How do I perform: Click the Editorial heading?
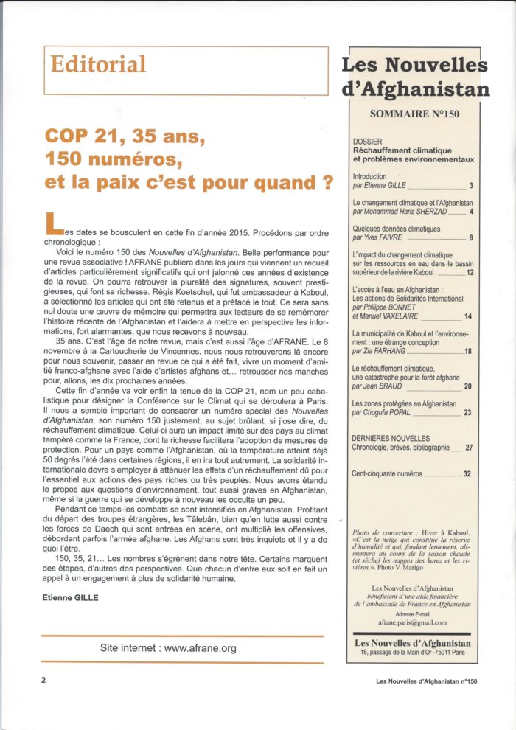click(98, 64)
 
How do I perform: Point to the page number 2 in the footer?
click(44, 683)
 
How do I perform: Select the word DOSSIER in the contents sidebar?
click(369, 142)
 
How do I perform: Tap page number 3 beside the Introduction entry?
click(470, 186)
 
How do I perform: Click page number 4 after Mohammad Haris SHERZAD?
click(470, 211)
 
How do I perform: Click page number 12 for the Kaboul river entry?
click(469, 273)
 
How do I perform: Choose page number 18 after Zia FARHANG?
click(469, 352)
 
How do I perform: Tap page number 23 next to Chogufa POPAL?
click(469, 412)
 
